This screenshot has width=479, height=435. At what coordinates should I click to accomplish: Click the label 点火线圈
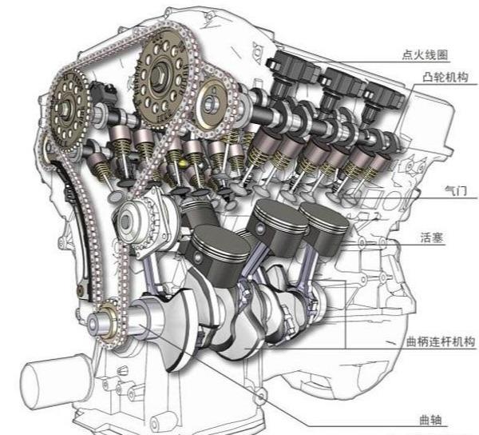(x=425, y=54)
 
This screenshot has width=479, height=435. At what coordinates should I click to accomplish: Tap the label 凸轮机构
(x=445, y=77)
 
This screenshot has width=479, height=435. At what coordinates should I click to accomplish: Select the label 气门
(x=456, y=191)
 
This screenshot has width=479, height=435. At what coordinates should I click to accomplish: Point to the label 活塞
(x=432, y=237)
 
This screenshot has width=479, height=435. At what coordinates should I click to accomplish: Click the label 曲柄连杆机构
(x=440, y=341)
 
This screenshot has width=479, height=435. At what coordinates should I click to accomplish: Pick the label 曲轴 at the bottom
(x=430, y=420)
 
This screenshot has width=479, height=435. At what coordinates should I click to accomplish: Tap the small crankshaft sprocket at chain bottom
(x=108, y=323)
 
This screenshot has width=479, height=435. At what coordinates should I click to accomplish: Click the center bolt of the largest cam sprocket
(x=159, y=74)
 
